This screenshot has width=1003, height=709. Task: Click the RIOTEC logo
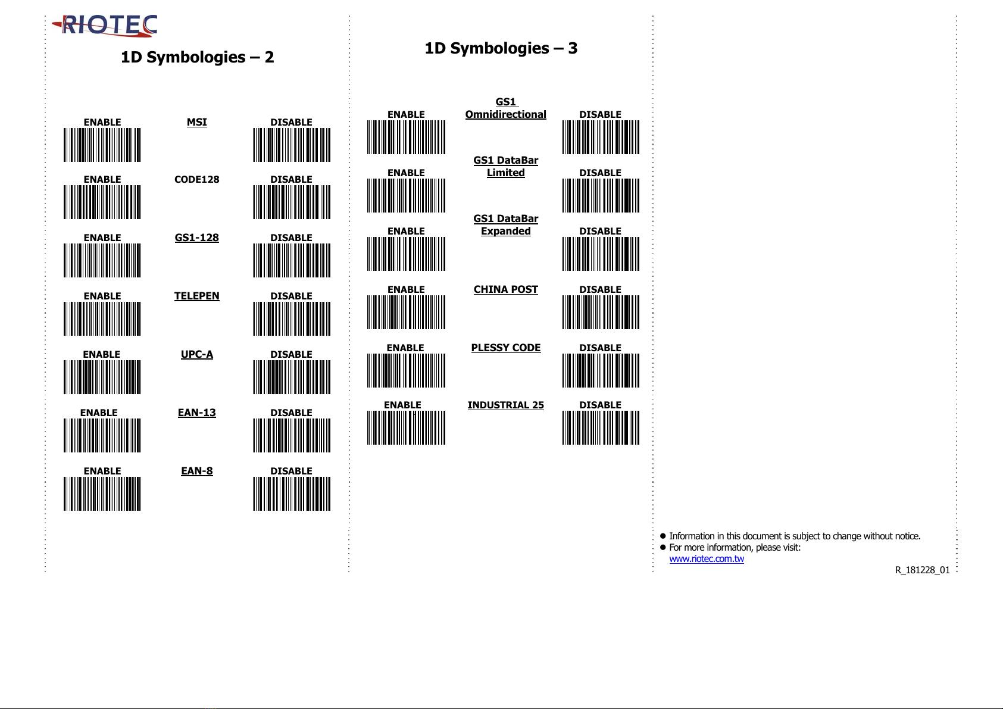[x=106, y=26]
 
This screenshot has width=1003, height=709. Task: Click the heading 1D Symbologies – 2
[x=197, y=57]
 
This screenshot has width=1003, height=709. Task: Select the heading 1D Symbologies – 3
[x=501, y=48]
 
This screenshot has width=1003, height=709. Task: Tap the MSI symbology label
[x=196, y=122]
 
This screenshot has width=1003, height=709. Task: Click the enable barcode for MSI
[x=102, y=145]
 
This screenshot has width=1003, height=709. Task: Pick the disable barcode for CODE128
[x=291, y=202]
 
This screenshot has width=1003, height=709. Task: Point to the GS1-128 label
[x=196, y=238]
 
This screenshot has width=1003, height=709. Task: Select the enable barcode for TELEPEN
[x=102, y=319]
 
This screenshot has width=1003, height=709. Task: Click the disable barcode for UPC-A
[x=291, y=377]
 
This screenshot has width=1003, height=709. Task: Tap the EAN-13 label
[x=196, y=413]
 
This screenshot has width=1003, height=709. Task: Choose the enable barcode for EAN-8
[x=102, y=494]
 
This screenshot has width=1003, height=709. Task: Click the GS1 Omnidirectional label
[x=505, y=108]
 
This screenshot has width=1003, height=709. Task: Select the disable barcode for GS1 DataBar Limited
[x=600, y=195]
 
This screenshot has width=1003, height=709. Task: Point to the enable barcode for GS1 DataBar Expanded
[x=406, y=254]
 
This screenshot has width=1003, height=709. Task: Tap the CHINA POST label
[x=505, y=289]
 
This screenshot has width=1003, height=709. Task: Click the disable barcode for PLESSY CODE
[x=600, y=370]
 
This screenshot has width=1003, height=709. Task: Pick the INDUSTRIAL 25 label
[x=505, y=405]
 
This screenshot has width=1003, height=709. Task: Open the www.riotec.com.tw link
[x=706, y=558]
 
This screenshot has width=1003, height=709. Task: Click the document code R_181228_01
[x=922, y=570]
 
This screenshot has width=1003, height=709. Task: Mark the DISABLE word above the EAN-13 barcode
[x=291, y=413]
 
